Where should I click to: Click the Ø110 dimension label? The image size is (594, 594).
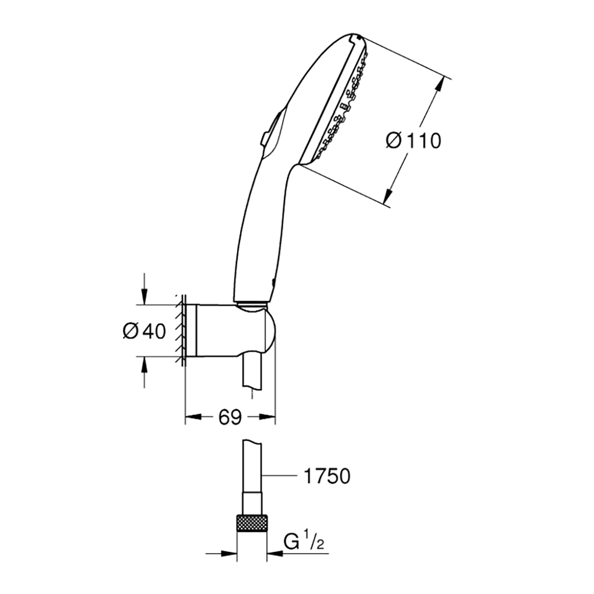413,141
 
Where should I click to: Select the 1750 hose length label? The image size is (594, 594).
327,476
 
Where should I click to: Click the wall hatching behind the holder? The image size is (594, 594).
181,330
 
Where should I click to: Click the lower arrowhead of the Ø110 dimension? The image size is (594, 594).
387,197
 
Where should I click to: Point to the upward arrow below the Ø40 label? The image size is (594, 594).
144,372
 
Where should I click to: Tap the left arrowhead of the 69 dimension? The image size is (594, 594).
193,417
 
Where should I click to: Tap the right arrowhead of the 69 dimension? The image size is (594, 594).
267,417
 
